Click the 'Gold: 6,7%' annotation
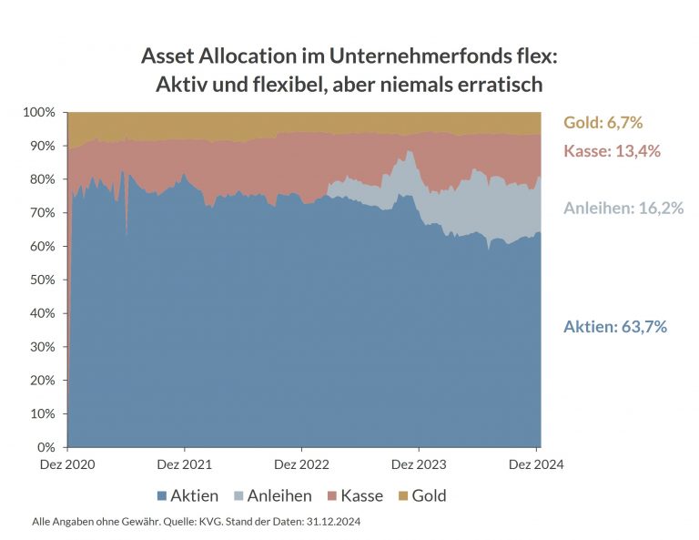[x=603, y=123]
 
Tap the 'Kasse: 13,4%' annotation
[x=612, y=151]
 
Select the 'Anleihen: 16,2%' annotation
[x=623, y=208]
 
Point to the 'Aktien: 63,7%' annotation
[x=615, y=326]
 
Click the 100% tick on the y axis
[x=39, y=112]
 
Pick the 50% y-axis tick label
[x=43, y=280]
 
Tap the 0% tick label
[x=46, y=447]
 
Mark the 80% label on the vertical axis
[x=43, y=179]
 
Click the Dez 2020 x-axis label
[x=67, y=464]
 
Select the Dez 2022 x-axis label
[x=301, y=464]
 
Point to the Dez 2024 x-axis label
[x=536, y=464]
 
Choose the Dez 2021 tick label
[x=185, y=464]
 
